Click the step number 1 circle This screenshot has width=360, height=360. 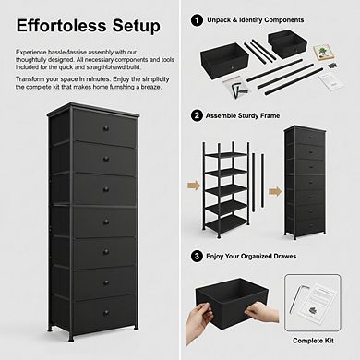(197, 18)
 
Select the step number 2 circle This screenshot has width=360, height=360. (197, 115)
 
